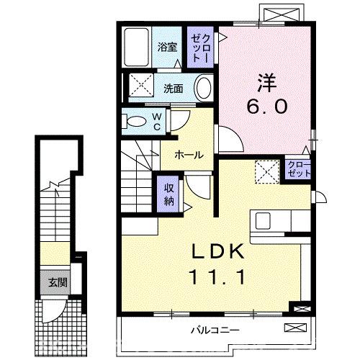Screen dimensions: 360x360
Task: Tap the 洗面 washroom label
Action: point(172,89)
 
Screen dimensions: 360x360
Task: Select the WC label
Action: point(157,122)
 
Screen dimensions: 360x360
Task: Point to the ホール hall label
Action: point(187,154)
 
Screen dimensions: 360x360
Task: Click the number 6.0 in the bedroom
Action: point(268,105)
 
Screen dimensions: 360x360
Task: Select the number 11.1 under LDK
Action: point(218,276)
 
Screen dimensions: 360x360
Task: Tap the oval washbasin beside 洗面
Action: point(203,89)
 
